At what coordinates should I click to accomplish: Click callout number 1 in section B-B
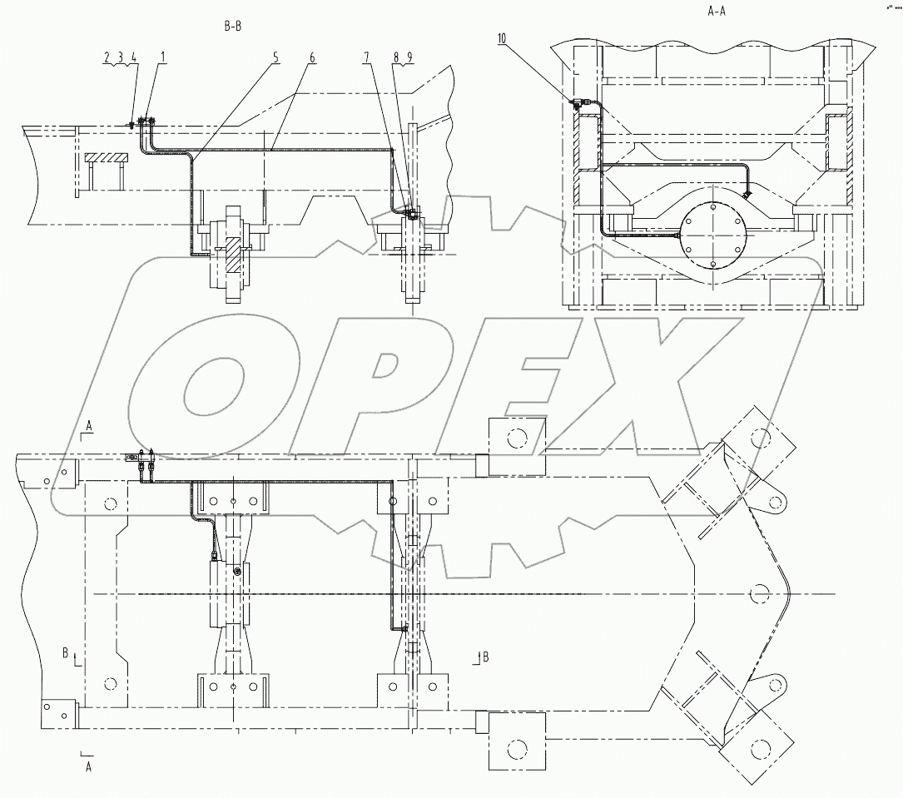163,57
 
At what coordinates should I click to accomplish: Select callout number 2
107,57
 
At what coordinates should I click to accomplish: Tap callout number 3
120,57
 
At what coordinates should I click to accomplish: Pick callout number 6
312,57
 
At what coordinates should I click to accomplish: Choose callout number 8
398,57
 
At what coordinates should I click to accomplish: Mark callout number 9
409,57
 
